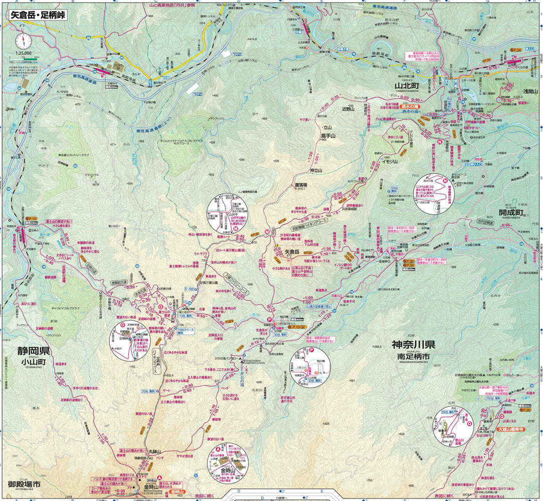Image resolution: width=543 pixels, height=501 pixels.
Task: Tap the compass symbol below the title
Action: [22, 40]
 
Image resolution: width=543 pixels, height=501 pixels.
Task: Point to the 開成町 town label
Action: [511, 212]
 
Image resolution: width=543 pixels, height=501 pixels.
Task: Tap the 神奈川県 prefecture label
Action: [414, 345]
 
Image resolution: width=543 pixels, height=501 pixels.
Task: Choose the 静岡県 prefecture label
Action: [33, 351]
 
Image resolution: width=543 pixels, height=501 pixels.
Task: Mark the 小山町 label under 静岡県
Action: [33, 362]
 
